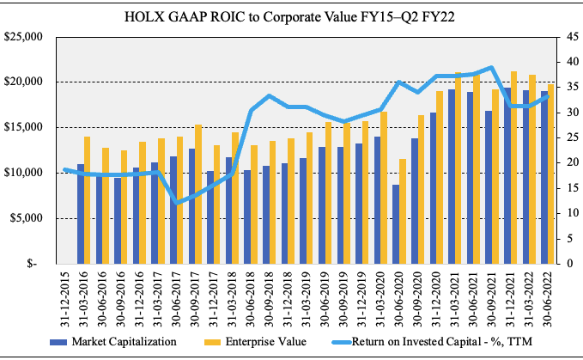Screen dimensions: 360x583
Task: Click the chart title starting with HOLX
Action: (291, 16)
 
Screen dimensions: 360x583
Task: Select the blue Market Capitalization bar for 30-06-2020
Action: (395, 223)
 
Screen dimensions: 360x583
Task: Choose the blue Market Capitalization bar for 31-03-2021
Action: (451, 176)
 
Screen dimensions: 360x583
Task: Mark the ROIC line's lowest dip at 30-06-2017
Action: (177, 203)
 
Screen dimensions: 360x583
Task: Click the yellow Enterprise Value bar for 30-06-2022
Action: (550, 174)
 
